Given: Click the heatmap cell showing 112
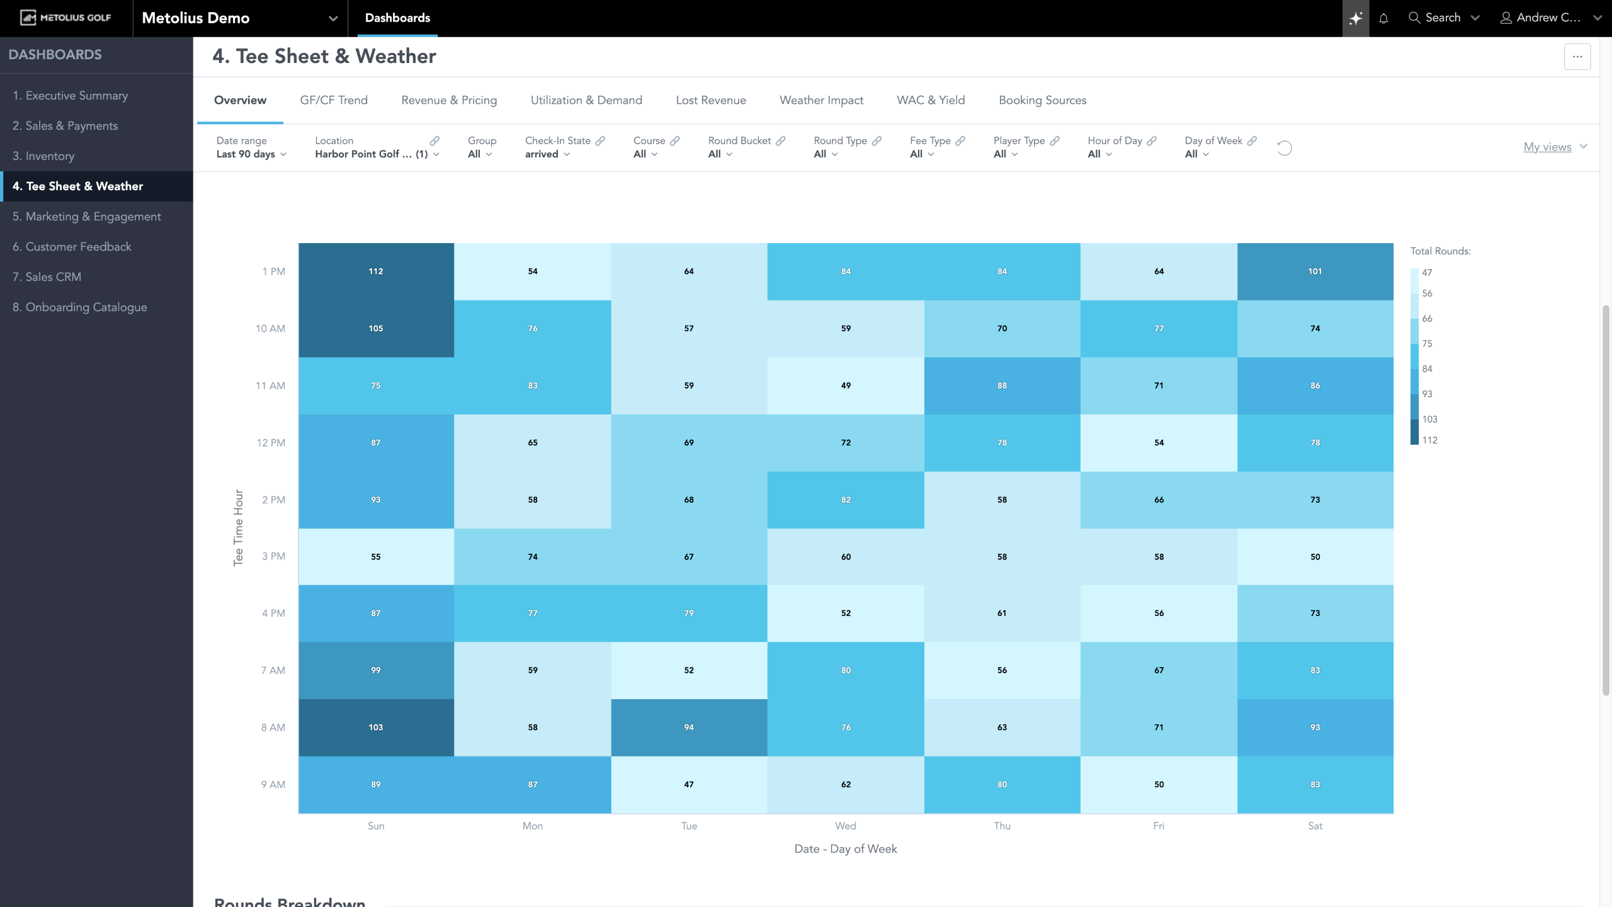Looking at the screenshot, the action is tap(376, 271).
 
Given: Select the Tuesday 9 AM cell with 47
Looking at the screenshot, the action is tap(689, 784).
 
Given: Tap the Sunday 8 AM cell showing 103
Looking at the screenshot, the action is tap(376, 727).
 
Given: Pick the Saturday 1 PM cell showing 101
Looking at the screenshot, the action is tap(1315, 271).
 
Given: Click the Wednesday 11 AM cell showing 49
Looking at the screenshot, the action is tap(846, 385).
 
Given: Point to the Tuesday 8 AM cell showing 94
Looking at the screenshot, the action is tap(689, 727).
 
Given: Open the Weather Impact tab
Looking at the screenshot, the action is tap(821, 100).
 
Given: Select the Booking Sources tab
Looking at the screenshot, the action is tap(1042, 100).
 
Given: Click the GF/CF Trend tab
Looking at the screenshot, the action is tap(334, 100).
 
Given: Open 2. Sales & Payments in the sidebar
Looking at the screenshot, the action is tap(65, 126).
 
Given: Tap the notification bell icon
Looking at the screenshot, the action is tap(1383, 18).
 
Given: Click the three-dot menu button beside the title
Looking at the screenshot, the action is tap(1577, 57).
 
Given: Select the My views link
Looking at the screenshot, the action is tap(1547, 147).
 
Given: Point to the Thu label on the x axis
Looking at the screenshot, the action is tap(1002, 826).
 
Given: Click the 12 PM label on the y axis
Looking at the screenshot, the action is tap(271, 443).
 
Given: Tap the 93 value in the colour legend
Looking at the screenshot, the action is tap(1427, 394).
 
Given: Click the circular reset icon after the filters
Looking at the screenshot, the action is tap(1285, 148).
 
